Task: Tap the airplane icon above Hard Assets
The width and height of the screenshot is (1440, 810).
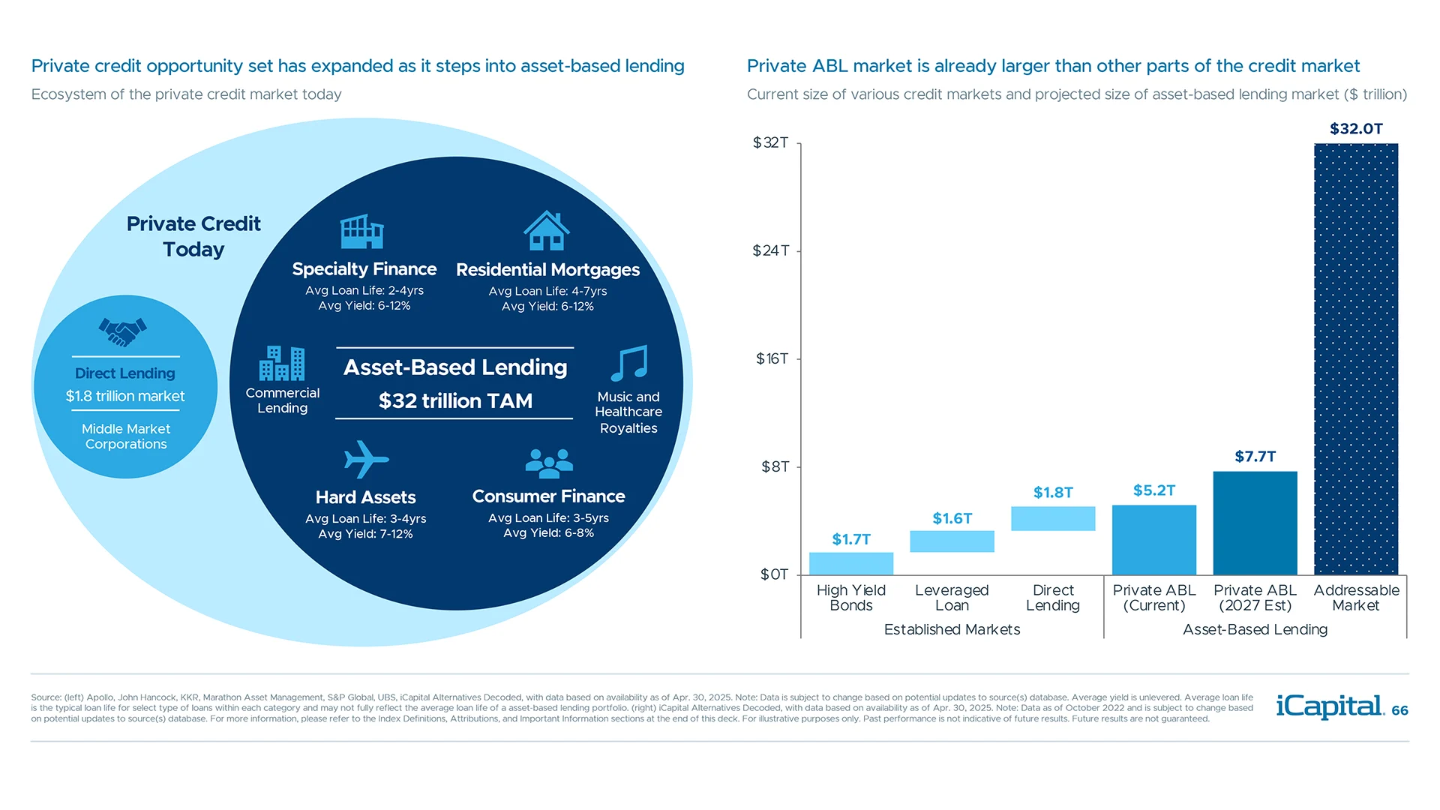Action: (365, 459)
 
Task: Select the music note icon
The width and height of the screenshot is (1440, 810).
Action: (628, 364)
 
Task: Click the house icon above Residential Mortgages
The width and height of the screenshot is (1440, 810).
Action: (547, 230)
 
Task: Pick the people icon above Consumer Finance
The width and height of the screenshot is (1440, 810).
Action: (549, 463)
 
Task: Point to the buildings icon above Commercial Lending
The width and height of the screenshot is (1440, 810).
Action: (282, 364)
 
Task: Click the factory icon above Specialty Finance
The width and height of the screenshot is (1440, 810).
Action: (362, 232)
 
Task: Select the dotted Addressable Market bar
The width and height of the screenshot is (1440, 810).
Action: (1355, 359)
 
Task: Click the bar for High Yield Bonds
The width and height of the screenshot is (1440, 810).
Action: (850, 563)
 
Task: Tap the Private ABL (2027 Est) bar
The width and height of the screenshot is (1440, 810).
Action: (1255, 523)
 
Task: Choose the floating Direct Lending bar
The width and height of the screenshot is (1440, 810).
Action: (1053, 518)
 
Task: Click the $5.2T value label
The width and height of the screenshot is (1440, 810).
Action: (1153, 490)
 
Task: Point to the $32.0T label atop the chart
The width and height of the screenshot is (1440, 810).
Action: (1356, 129)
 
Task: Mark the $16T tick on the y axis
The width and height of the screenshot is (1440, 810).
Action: (772, 358)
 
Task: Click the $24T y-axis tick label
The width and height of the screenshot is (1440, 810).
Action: (770, 250)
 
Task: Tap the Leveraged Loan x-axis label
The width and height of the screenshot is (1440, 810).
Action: (952, 598)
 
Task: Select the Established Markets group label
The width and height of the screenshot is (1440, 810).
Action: (952, 629)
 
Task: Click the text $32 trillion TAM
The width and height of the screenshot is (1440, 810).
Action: (455, 401)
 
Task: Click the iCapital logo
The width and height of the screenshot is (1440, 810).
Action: (1330, 706)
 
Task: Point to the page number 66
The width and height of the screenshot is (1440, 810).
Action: (1399, 710)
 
